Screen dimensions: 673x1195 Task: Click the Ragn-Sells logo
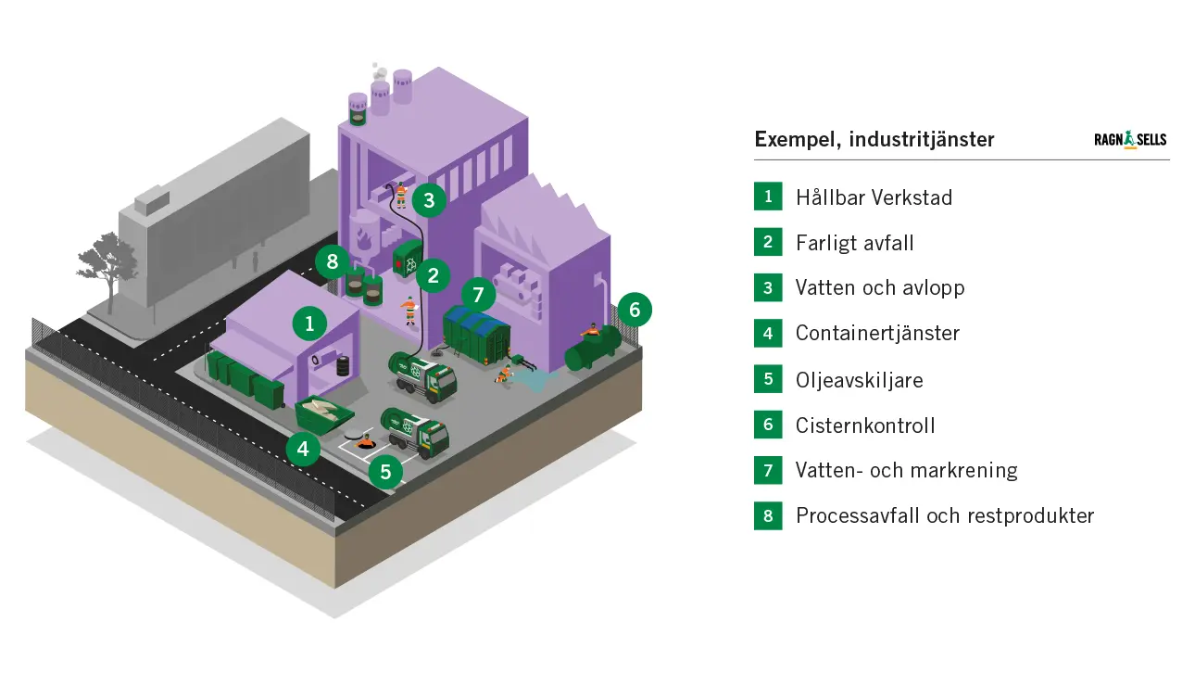click(1130, 140)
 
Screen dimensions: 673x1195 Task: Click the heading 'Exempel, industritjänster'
click(874, 139)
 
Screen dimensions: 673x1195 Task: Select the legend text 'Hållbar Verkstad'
click(874, 197)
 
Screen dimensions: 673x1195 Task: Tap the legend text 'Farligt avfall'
click(854, 243)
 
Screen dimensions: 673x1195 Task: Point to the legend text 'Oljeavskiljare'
click(859, 380)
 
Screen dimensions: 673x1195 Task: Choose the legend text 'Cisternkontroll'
click(865, 425)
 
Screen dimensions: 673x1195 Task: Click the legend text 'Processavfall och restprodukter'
click(944, 516)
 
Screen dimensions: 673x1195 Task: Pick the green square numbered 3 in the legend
click(768, 288)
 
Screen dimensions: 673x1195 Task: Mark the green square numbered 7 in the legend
click(768, 471)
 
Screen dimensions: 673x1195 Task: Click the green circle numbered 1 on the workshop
click(309, 324)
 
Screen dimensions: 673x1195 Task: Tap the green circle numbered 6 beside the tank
click(635, 309)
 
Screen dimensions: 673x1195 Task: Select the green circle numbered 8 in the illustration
click(332, 261)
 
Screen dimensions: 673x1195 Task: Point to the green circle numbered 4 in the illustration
click(303, 450)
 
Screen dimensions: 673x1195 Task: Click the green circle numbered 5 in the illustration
click(385, 472)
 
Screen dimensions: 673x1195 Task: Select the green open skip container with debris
click(322, 412)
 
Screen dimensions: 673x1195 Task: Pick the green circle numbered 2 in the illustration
click(433, 274)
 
